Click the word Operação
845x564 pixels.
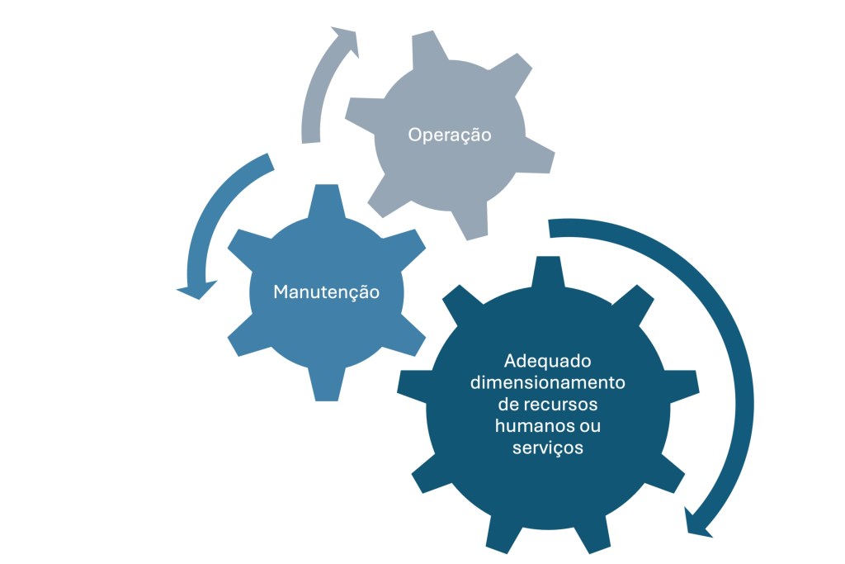click(x=450, y=135)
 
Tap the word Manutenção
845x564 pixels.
click(x=326, y=292)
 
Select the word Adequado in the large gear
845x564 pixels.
click(x=549, y=362)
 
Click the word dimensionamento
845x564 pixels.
click(x=549, y=383)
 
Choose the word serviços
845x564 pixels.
click(x=549, y=448)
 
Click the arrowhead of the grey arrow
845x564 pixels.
click(x=347, y=41)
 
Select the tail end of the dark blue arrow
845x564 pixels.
click(x=551, y=227)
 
